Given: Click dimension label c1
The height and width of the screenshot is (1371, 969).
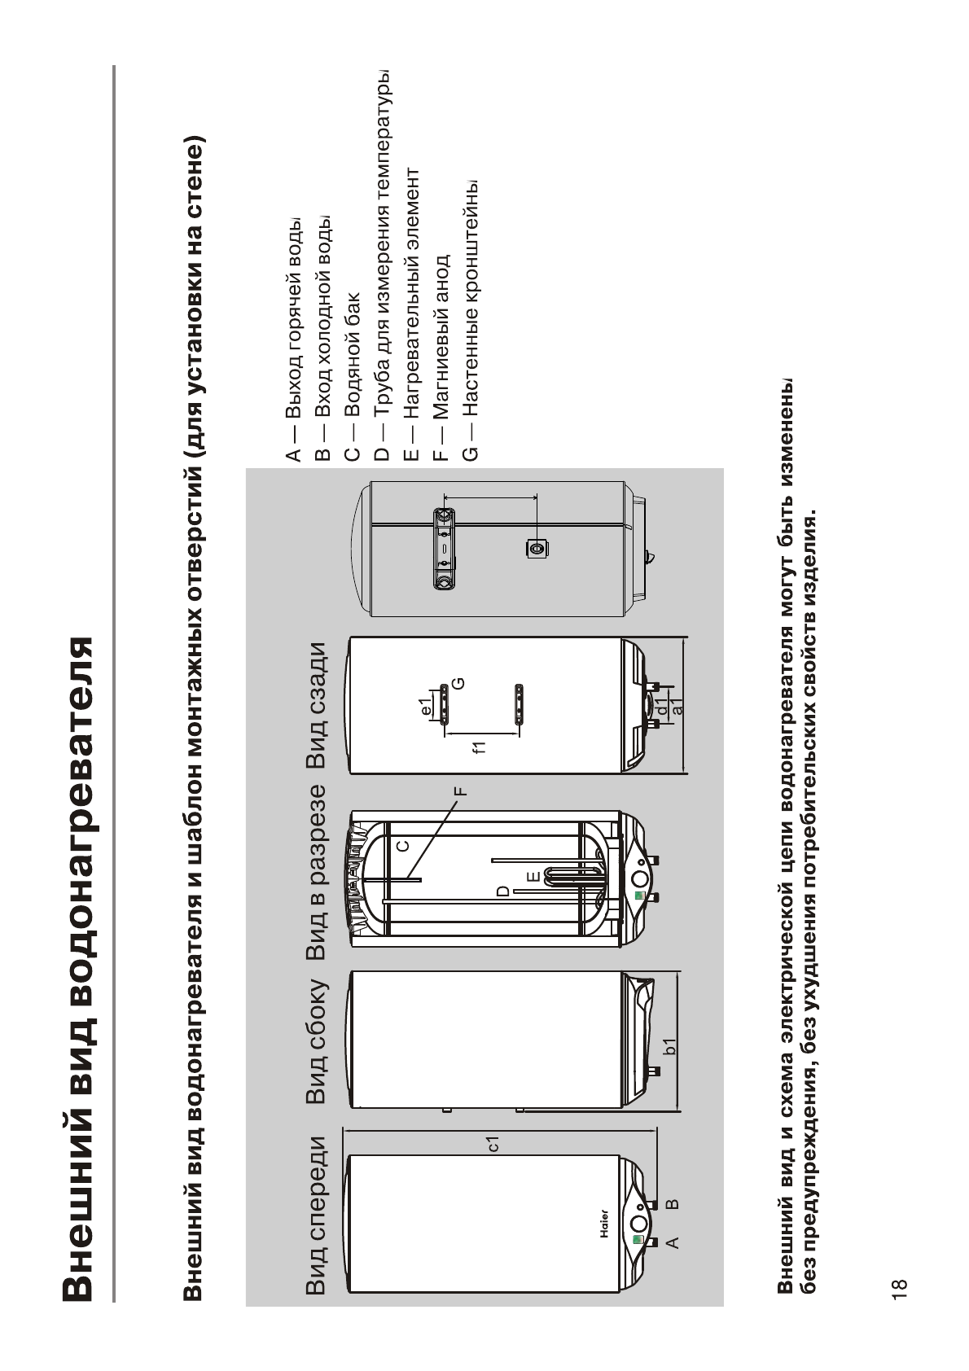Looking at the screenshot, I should click(492, 1143).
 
